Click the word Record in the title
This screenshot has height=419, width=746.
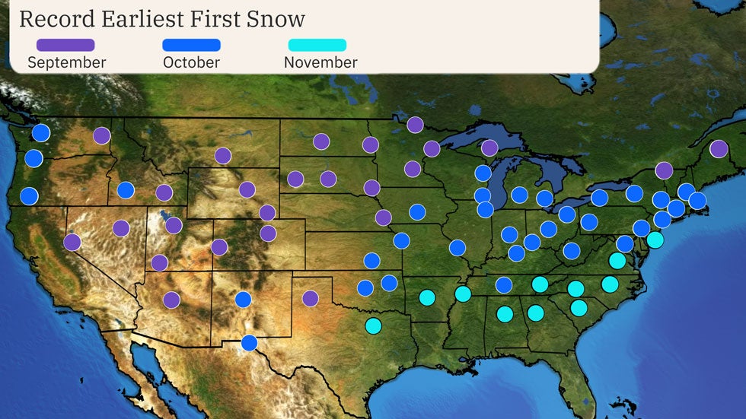pos(53,18)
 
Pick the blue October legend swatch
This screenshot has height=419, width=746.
pos(191,46)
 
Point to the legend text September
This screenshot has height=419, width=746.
pos(66,62)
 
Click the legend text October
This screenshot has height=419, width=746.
pos(191,62)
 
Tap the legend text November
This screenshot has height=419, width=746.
pos(320,62)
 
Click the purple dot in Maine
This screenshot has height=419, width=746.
pos(718,149)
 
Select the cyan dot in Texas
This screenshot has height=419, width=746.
pos(373,325)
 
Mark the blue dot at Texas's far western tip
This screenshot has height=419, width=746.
pos(249,343)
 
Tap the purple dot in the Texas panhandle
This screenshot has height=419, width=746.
pos(310,298)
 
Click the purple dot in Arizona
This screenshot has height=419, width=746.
pos(171,300)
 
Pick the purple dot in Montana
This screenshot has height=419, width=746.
pos(222,156)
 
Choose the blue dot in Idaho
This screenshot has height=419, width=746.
pos(126,190)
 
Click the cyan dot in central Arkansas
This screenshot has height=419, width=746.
pos(427,297)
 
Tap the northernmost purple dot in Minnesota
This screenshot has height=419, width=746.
pos(415,125)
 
